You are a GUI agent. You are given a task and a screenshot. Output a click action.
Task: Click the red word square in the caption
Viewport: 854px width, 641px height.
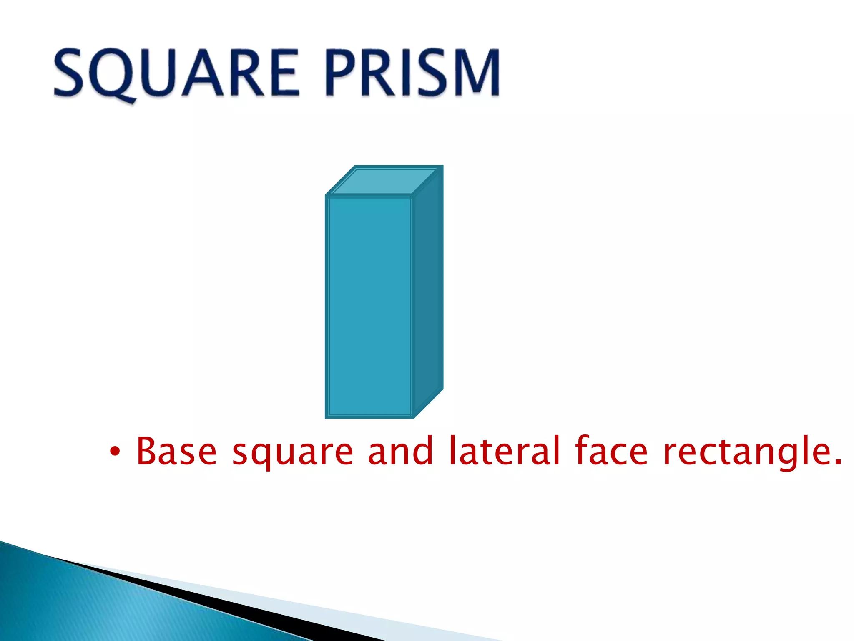click(292, 453)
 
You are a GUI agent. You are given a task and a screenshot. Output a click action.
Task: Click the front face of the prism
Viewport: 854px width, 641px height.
click(369, 307)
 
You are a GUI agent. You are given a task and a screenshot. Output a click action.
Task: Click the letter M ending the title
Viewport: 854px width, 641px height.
click(475, 73)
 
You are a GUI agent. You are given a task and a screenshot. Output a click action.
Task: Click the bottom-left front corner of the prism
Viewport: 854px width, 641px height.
click(326, 417)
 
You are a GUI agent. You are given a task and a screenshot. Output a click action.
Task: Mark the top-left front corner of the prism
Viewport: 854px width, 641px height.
click(326, 196)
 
